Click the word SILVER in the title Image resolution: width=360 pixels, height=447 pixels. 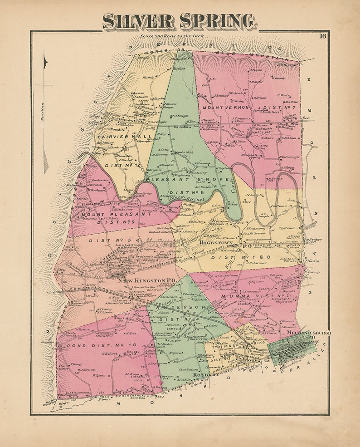click(x=138, y=21)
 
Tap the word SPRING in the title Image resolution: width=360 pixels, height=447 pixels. click(x=218, y=21)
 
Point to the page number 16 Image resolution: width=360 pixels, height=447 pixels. click(x=322, y=36)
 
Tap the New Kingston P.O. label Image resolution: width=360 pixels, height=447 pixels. click(x=146, y=280)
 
